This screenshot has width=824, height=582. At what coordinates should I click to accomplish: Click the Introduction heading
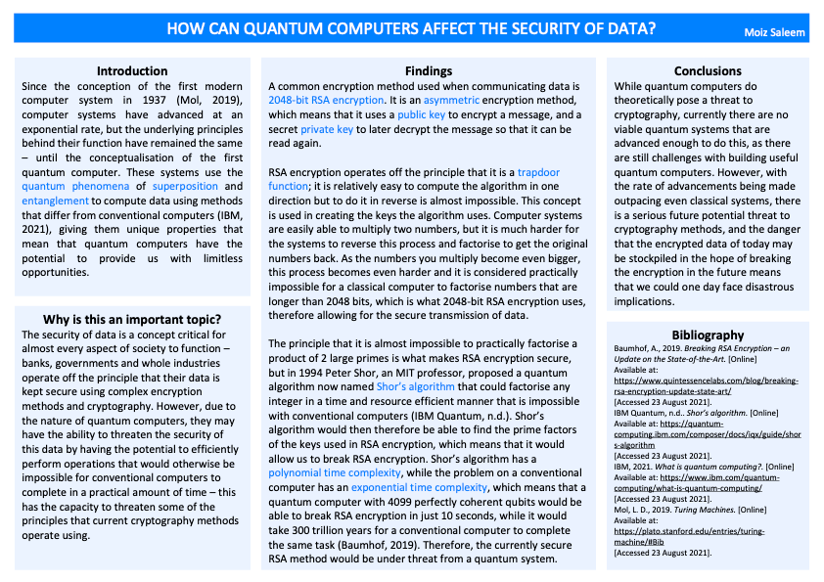(132, 71)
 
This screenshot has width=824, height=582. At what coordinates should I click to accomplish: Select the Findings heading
(429, 71)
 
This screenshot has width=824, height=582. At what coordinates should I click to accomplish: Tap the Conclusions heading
(708, 71)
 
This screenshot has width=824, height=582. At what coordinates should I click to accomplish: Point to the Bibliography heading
(708, 335)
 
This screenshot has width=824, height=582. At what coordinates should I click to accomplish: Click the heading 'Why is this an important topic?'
(132, 320)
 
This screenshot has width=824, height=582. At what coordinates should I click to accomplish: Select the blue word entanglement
(54, 201)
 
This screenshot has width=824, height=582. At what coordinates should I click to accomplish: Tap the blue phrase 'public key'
(422, 114)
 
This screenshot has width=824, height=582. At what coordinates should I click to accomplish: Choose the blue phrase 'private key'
(328, 128)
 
